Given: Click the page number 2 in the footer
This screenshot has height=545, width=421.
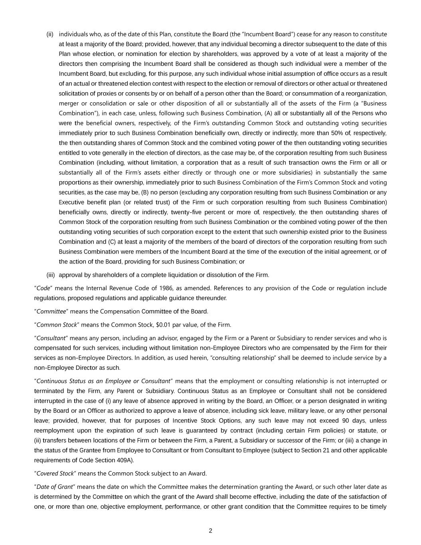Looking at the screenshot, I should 210,531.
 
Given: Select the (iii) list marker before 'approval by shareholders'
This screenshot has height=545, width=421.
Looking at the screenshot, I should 50,275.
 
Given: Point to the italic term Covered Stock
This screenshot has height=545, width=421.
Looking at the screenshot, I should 55,474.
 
